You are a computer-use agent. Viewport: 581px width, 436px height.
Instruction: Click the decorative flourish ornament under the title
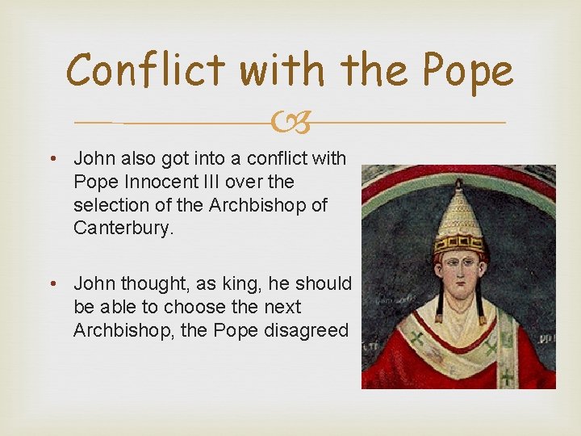[290, 124]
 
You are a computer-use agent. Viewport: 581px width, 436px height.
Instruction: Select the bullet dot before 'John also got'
[55, 159]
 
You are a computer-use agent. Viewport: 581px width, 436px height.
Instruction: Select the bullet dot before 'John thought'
[55, 284]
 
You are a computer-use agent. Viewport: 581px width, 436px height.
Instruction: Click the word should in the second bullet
[324, 284]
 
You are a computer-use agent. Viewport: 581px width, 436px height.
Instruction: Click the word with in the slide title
[278, 71]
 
